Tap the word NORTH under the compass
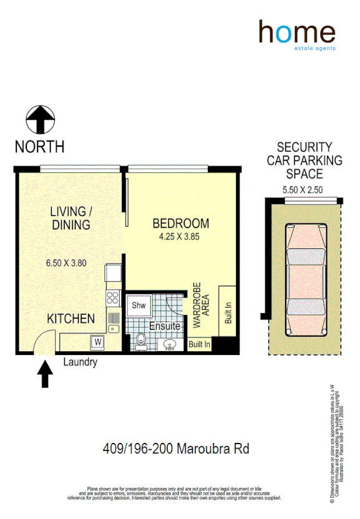pyautogui.click(x=39, y=147)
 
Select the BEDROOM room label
pyautogui.click(x=181, y=223)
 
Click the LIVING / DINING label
pyautogui.click(x=71, y=218)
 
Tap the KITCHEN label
pyautogui.click(x=71, y=319)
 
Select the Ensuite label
pyautogui.click(x=165, y=326)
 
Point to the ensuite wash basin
pyautogui.click(x=168, y=344)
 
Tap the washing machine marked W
pyautogui.click(x=97, y=342)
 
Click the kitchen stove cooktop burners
pyautogui.click(x=113, y=298)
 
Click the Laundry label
pyautogui.click(x=80, y=361)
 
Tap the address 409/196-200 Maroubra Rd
pyautogui.click(x=180, y=449)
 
